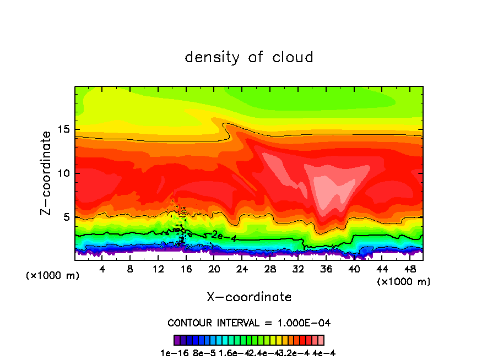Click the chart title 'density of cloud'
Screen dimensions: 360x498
click(x=249, y=57)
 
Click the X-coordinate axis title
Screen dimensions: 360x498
click(x=249, y=297)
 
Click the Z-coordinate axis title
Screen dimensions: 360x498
click(x=47, y=173)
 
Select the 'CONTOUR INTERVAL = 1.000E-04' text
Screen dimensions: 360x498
click(x=249, y=323)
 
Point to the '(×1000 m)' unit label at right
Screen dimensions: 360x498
click(x=404, y=282)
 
